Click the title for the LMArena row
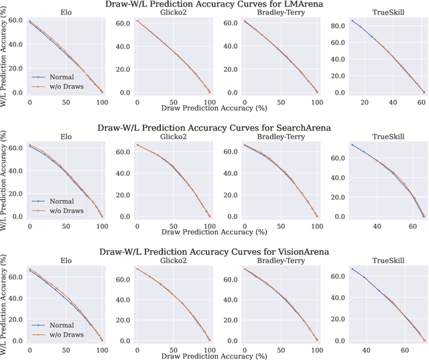tap(214, 5)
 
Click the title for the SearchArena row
tap(214, 127)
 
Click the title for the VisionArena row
tap(214, 252)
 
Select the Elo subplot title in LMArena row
tap(65, 13)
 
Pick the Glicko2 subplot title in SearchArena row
tap(172, 136)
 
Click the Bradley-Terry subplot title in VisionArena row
tap(280, 260)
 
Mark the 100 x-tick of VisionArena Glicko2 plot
tap(209, 349)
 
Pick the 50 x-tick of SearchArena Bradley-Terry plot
tap(280, 225)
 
